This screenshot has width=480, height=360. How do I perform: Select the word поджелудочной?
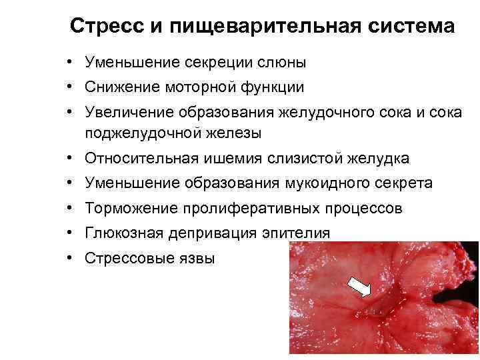point(141,133)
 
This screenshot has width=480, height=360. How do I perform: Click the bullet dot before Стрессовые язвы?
point(69,258)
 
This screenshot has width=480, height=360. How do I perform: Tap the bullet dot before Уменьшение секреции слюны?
point(69,63)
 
